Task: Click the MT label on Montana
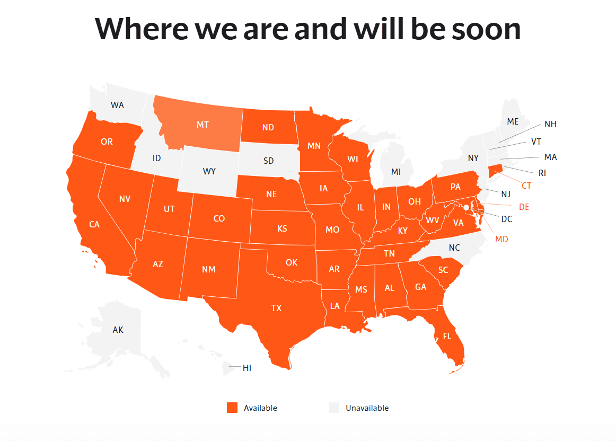click(203, 125)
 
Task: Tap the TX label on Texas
click(276, 308)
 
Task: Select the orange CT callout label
click(526, 186)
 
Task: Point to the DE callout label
click(524, 207)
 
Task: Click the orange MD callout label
click(501, 239)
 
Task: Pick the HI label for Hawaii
click(247, 368)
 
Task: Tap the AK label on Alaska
click(118, 330)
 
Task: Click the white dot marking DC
click(467, 207)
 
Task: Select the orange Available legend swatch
click(232, 408)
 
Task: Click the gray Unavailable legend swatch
click(333, 408)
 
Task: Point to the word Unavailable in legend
click(367, 408)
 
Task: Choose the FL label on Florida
click(447, 336)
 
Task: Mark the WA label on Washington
click(117, 105)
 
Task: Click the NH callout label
click(550, 124)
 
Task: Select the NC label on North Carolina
click(454, 248)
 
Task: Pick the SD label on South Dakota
click(269, 160)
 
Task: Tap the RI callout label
click(542, 173)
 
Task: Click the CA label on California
click(94, 224)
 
